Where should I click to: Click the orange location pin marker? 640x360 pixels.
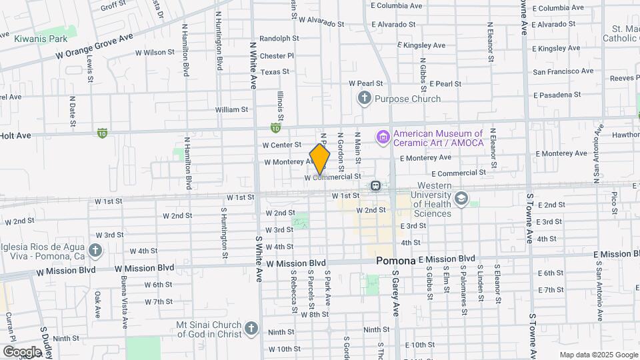click(x=320, y=159)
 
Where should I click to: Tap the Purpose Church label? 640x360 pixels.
click(x=407, y=99)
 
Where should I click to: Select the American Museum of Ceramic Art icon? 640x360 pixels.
click(x=383, y=138)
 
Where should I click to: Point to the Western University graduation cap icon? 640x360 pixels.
click(x=461, y=198)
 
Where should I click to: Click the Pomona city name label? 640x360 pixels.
click(x=395, y=261)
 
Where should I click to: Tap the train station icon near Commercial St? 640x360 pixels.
click(x=376, y=185)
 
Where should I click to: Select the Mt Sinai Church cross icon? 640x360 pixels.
click(x=251, y=328)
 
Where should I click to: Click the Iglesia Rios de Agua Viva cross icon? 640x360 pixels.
click(x=95, y=251)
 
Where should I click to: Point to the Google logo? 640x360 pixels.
click(x=22, y=352)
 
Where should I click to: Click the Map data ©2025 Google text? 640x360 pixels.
click(x=599, y=355)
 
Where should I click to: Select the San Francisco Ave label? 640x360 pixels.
click(x=563, y=71)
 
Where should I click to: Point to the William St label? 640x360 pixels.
click(x=231, y=109)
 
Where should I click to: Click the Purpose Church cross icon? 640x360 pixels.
click(x=364, y=99)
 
